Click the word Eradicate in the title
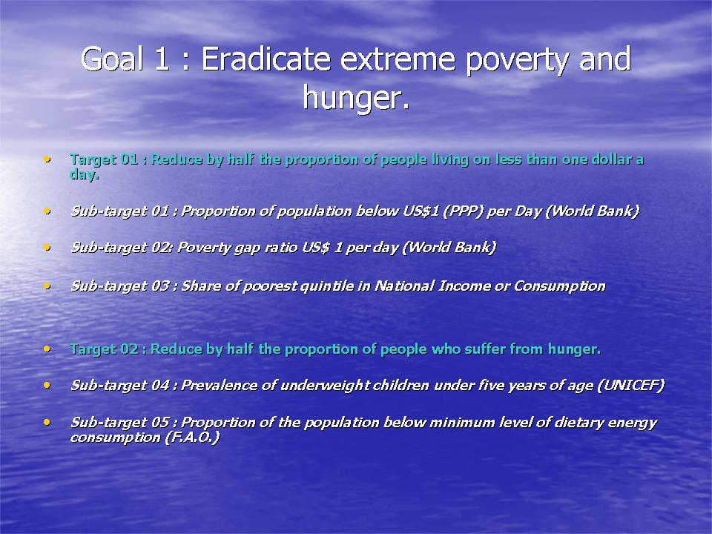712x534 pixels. [266, 59]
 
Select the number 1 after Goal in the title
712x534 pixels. [162, 59]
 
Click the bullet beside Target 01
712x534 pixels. [47, 159]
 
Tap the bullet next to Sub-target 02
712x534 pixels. [47, 248]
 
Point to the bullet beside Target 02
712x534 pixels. [47, 349]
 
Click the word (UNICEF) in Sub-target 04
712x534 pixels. [630, 386]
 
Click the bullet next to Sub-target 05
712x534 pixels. [47, 422]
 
